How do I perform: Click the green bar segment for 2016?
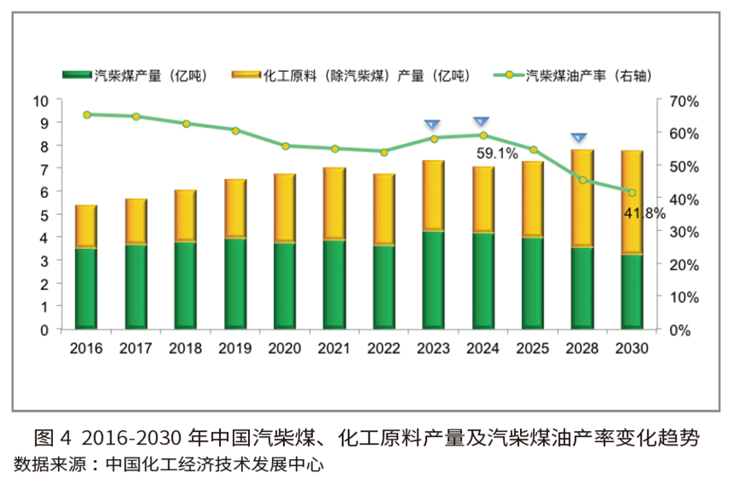(86, 288)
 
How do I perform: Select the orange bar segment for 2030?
(632, 202)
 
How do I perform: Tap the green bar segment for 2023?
(433, 280)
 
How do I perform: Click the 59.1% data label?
(497, 154)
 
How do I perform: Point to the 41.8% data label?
(644, 214)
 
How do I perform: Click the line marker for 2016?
(86, 115)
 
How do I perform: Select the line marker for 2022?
(383, 152)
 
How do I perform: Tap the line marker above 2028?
(583, 180)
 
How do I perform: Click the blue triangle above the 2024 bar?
(482, 121)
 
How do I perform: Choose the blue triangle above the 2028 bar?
(579, 137)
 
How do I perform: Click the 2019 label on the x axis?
(235, 349)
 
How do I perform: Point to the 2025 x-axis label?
(532, 349)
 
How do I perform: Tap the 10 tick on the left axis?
(41, 101)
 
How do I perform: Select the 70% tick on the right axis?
(684, 101)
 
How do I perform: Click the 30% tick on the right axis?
(684, 232)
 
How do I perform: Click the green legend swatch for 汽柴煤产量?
(78, 75)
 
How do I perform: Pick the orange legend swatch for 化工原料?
(246, 75)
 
